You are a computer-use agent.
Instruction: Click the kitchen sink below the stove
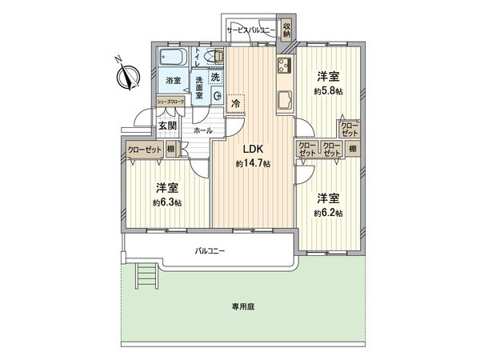pyautogui.click(x=285, y=100)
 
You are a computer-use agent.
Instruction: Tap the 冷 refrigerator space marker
pyautogui.click(x=235, y=103)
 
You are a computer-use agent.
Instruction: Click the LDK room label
pyautogui.click(x=253, y=148)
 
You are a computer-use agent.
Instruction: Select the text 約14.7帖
pyautogui.click(x=253, y=163)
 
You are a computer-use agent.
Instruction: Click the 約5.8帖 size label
pyautogui.click(x=328, y=91)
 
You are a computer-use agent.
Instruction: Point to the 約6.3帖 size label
pyautogui.click(x=166, y=202)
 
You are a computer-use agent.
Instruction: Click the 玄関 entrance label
pyautogui.click(x=166, y=125)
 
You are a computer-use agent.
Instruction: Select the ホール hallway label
pyautogui.click(x=202, y=130)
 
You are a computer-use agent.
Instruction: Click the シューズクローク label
pyautogui.click(x=170, y=102)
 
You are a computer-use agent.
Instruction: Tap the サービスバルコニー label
pyautogui.click(x=251, y=30)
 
